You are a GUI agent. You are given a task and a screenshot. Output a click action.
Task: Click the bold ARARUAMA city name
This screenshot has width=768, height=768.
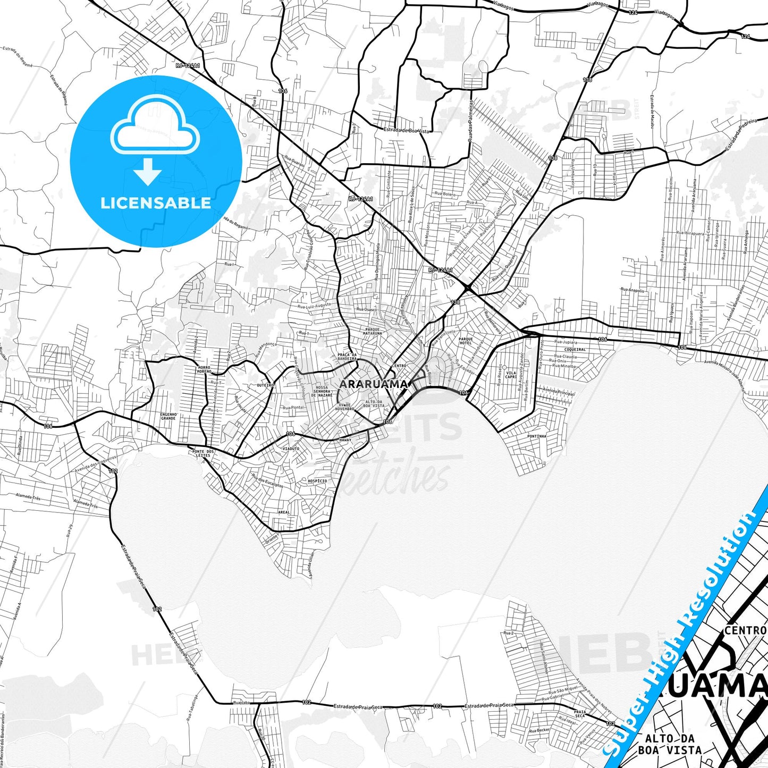pyautogui.click(x=373, y=384)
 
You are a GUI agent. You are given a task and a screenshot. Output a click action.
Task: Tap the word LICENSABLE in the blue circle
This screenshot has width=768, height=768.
pyautogui.click(x=156, y=203)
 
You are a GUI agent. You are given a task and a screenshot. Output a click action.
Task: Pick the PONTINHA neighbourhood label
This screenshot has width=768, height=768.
pyautogui.click(x=537, y=436)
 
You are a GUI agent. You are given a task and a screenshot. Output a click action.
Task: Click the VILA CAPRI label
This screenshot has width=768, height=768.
pyautogui.click(x=511, y=375)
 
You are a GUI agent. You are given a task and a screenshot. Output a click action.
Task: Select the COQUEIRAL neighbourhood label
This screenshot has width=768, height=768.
pyautogui.click(x=575, y=349)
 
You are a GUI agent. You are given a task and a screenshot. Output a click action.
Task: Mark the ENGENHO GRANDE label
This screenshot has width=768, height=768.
pyautogui.click(x=168, y=416)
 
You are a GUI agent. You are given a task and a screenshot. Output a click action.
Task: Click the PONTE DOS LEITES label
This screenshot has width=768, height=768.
pyautogui.click(x=203, y=453)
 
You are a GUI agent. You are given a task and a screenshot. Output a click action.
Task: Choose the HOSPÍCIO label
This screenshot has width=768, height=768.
pyautogui.click(x=317, y=480)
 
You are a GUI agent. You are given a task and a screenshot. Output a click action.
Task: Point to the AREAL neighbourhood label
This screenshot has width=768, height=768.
pyautogui.click(x=284, y=512)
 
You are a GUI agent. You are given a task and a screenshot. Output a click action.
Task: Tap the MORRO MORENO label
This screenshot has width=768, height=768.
pyautogui.click(x=204, y=369)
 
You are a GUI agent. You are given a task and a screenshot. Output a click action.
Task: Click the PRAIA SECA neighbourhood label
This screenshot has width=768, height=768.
pyautogui.click(x=580, y=714)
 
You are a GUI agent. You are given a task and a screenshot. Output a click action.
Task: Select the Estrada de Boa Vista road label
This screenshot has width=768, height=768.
pyautogui.click(x=407, y=130)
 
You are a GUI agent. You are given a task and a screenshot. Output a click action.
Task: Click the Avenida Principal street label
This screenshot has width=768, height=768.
pyautogui.click(x=558, y=391)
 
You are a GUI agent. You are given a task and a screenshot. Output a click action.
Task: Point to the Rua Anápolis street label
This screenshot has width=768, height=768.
pyautogui.click(x=632, y=290)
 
